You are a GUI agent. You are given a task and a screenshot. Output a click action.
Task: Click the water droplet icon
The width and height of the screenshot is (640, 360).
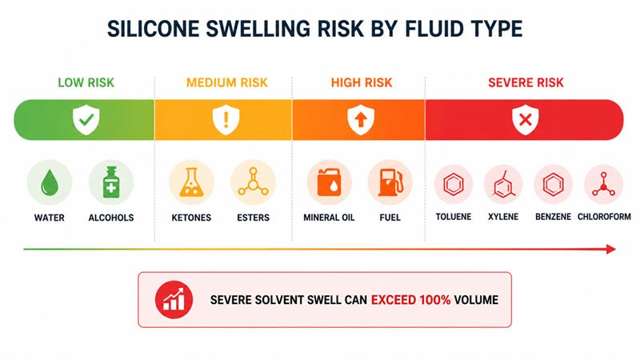coord(50,182)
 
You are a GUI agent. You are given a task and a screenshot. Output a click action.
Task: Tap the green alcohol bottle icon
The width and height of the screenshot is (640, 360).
coord(111,182)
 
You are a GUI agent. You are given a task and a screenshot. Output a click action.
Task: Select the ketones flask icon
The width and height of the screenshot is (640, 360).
coord(191,182)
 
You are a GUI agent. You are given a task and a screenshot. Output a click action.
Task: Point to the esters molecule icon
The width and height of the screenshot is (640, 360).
coord(253,182)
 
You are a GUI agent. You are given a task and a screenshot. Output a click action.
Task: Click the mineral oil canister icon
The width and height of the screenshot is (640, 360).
coord(329,182)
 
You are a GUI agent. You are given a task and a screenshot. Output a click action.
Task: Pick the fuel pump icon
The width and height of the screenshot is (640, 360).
coord(390,182)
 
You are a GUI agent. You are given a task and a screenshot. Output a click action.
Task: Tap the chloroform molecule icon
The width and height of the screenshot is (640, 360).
coord(604,185)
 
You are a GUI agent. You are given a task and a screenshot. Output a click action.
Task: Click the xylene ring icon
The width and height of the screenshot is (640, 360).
coord(503,185)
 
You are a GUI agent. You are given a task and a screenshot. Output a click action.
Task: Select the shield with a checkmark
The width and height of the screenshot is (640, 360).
coord(86,119)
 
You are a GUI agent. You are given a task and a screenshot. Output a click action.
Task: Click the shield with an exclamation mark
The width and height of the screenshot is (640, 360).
coord(226,119)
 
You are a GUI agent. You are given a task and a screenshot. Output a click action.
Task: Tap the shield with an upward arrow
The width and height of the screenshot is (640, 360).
coord(361,119)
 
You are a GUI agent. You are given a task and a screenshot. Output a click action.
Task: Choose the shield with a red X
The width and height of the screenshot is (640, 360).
coord(526,119)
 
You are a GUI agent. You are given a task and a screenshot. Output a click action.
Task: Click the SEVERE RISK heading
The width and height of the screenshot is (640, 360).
coord(526,83)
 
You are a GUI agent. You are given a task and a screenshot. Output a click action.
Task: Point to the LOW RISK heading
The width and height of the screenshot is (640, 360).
coord(86,83)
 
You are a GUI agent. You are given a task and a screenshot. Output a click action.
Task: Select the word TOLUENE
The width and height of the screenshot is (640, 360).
coord(454,217)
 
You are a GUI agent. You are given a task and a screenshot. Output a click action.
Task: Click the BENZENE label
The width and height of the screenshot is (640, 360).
coord(553,217)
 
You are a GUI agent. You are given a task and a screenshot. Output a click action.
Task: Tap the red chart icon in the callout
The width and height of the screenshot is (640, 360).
coord(174,299)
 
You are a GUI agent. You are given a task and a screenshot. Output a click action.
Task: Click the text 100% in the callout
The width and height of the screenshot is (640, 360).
coord(434,300)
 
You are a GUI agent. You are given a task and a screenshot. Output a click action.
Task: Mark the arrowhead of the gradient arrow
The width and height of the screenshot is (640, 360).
coord(611,249)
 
